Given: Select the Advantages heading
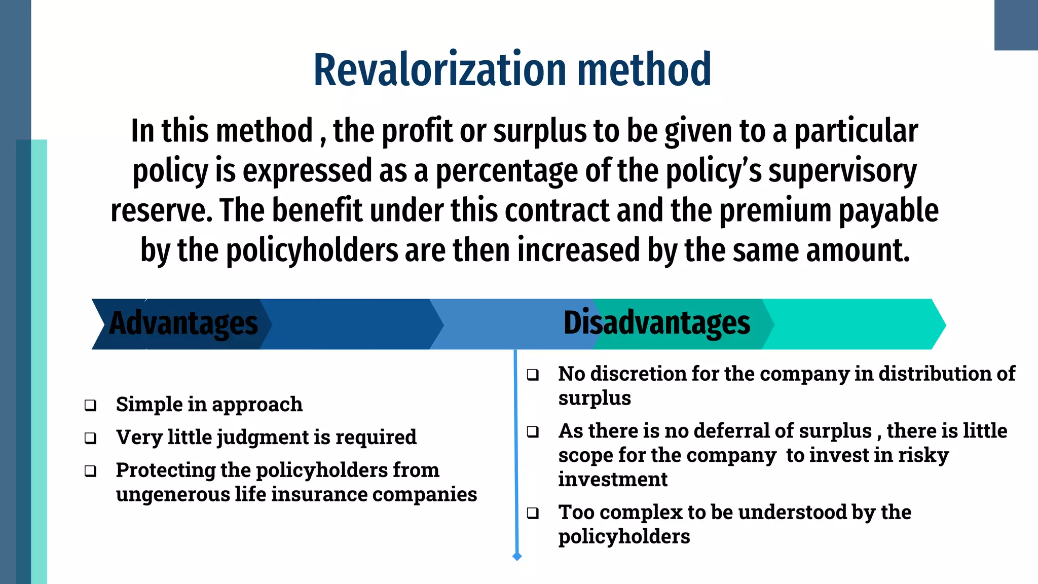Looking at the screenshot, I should (183, 323).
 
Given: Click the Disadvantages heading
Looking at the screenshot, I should (656, 323).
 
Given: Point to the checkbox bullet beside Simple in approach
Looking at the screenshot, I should (91, 405).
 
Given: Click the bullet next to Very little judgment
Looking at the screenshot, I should (91, 438).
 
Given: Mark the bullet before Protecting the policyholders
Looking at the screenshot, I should (91, 471).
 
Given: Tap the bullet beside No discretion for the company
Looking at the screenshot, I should (533, 375).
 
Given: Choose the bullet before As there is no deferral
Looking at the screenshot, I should (533, 432).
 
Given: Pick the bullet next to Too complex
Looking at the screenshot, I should (533, 513).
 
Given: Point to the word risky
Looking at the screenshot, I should (923, 455).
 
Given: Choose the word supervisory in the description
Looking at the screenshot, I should (842, 171).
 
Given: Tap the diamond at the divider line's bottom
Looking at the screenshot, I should (517, 557).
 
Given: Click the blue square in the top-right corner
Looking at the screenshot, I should (1016, 25).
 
